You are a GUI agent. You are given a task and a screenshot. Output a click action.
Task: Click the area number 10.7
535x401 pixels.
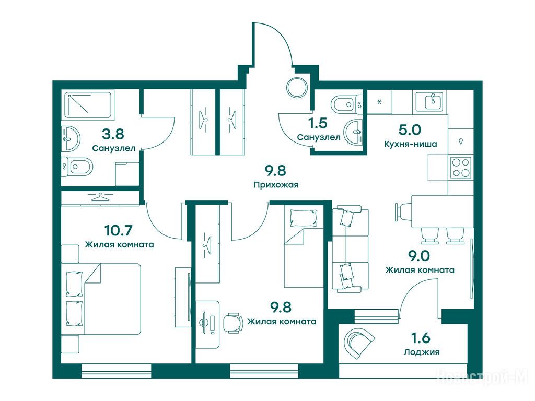(x=119, y=230)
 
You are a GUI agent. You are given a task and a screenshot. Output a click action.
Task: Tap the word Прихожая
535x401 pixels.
(x=276, y=185)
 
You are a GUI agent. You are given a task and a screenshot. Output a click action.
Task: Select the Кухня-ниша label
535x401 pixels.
(x=411, y=144)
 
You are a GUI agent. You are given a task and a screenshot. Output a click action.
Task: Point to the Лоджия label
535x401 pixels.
(x=422, y=352)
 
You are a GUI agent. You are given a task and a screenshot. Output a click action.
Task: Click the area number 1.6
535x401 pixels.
(x=421, y=338)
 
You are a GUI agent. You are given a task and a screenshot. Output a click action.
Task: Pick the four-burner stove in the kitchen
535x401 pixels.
(x=461, y=168)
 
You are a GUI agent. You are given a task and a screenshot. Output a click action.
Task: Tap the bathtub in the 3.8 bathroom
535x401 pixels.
(x=88, y=104)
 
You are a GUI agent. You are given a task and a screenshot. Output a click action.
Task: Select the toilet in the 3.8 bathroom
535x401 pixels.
(x=77, y=167)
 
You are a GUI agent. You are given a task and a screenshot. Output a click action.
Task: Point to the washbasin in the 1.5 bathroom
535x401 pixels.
(x=353, y=132)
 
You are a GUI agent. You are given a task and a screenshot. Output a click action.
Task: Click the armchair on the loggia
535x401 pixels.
(x=359, y=344)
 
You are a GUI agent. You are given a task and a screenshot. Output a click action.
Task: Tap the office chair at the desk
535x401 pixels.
(x=234, y=322)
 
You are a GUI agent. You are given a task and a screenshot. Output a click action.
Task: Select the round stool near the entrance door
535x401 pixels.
(x=297, y=88)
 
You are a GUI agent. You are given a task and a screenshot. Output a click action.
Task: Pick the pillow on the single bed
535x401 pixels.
(x=304, y=217)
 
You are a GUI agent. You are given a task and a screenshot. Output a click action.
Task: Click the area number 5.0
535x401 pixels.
(x=410, y=130)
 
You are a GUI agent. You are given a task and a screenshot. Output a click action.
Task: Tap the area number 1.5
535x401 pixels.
(x=318, y=123)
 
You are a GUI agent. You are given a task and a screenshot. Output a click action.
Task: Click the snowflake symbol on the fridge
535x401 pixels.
(x=379, y=102)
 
